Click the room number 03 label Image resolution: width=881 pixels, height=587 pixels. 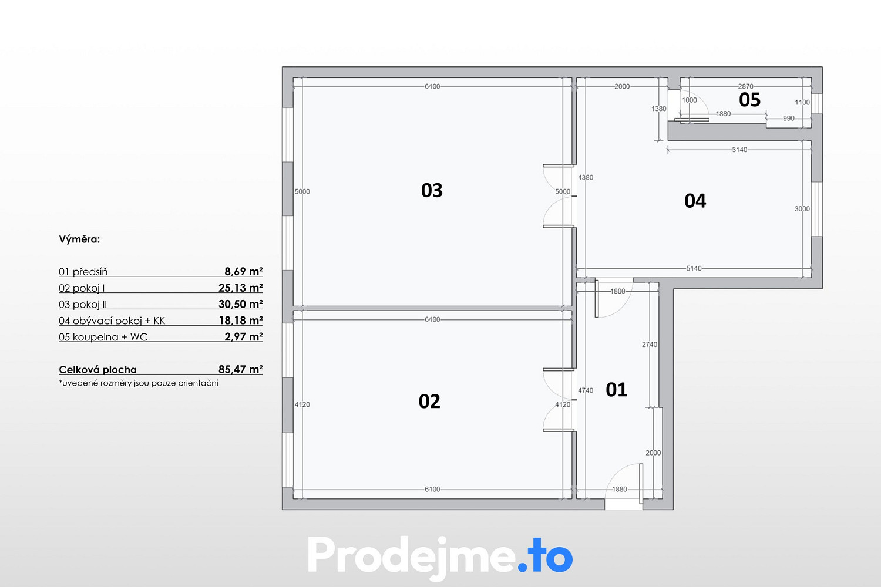point(432,190)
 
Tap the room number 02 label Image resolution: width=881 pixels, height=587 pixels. point(429,402)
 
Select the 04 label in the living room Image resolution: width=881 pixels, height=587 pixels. point(695,201)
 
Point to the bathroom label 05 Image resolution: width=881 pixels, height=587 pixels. point(749,100)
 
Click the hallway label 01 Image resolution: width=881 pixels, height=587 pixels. point(616,390)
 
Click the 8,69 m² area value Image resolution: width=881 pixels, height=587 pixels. point(244,271)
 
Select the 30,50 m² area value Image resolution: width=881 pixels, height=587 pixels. point(240,304)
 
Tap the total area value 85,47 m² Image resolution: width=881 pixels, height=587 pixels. point(240,369)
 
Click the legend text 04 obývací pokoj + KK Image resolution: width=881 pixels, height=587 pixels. point(112,321)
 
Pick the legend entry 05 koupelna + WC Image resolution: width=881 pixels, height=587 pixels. point(103,337)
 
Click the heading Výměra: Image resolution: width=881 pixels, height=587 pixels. point(79,239)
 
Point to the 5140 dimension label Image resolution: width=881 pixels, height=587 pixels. point(694,268)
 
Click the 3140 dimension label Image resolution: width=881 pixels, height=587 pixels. point(739,150)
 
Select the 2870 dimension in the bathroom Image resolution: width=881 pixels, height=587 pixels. point(746,86)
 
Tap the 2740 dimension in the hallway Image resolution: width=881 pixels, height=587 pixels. point(650,345)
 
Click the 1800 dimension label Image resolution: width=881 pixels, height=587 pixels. point(617,291)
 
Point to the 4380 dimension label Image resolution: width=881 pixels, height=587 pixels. point(586,177)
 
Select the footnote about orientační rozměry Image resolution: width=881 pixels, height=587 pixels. point(139,383)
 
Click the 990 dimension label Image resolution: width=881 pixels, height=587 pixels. point(789,119)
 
